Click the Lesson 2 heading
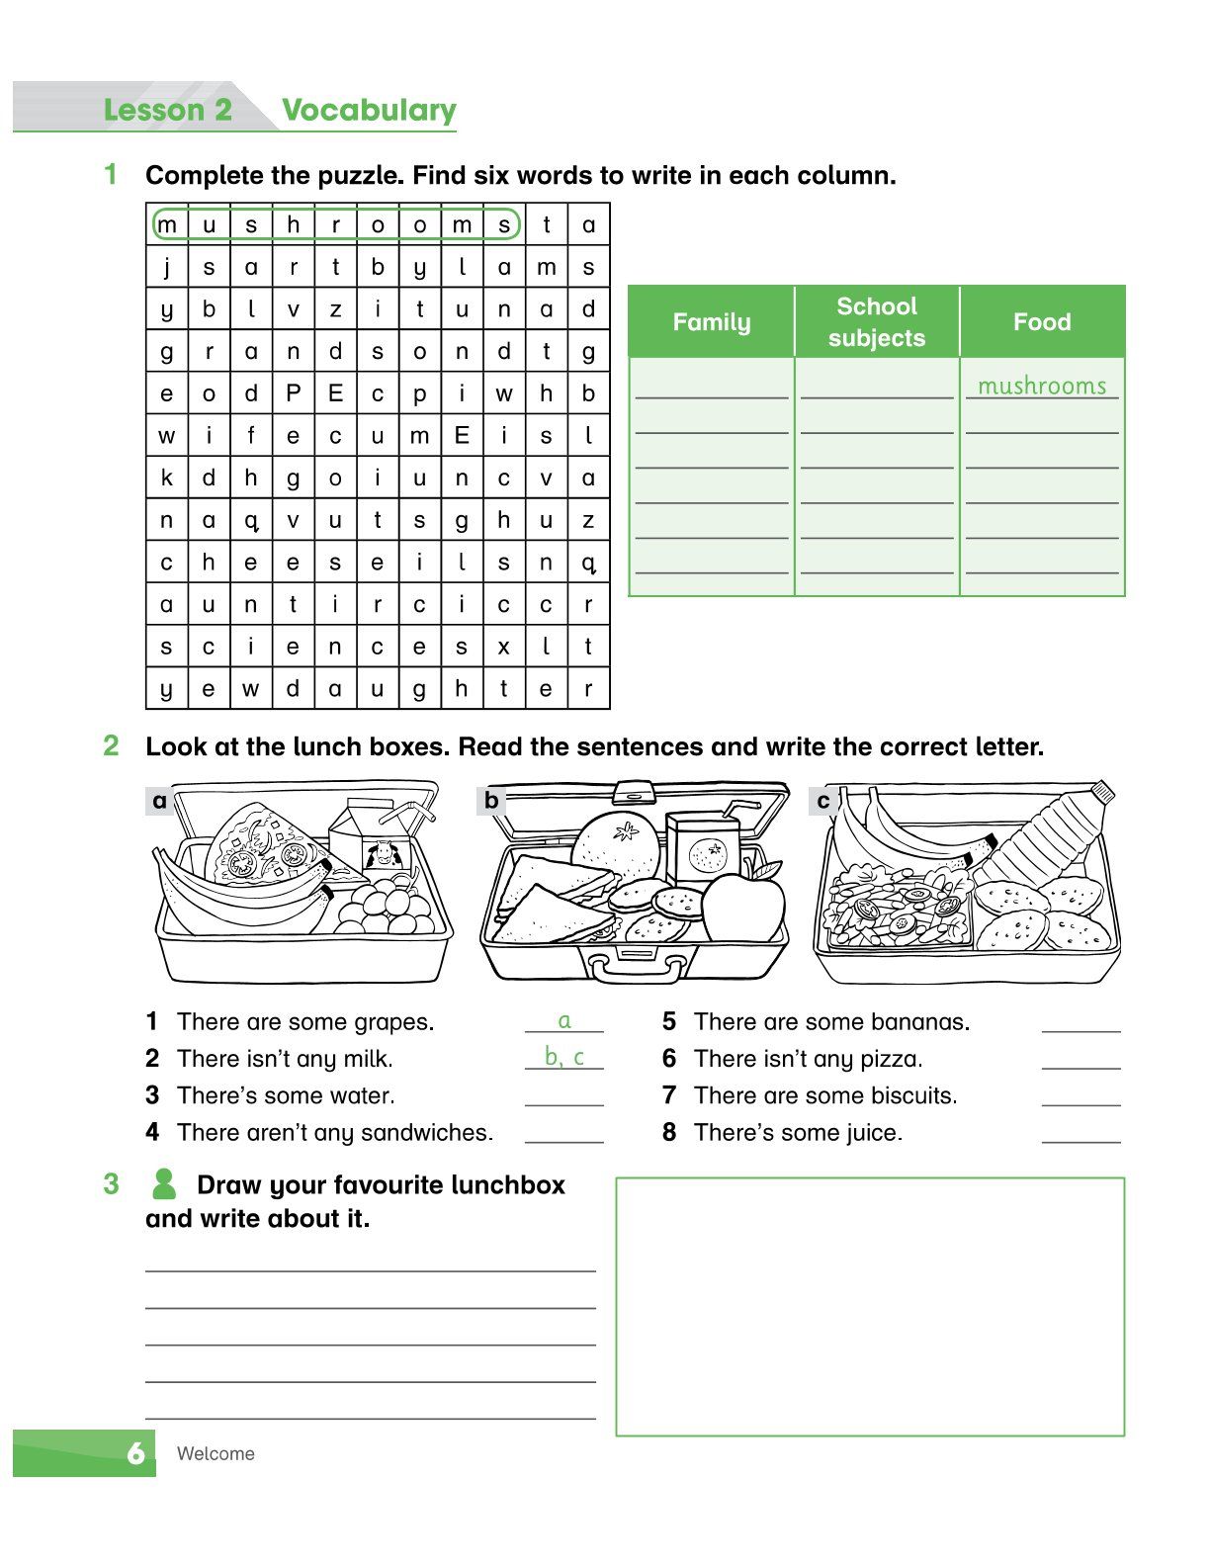pos(167,110)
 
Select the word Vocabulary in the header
pos(369,110)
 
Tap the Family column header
pos(711,322)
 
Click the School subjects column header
pos(877,322)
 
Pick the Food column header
pos(1042,322)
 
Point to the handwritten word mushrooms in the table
pos(1042,386)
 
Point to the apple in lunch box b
pos(741,908)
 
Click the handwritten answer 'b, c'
pos(564,1057)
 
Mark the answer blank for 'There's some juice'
pos(1080,1133)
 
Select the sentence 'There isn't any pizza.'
pos(808,1059)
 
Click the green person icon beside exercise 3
pos(164,1183)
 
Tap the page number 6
pos(136,1453)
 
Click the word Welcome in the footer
pos(216,1453)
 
